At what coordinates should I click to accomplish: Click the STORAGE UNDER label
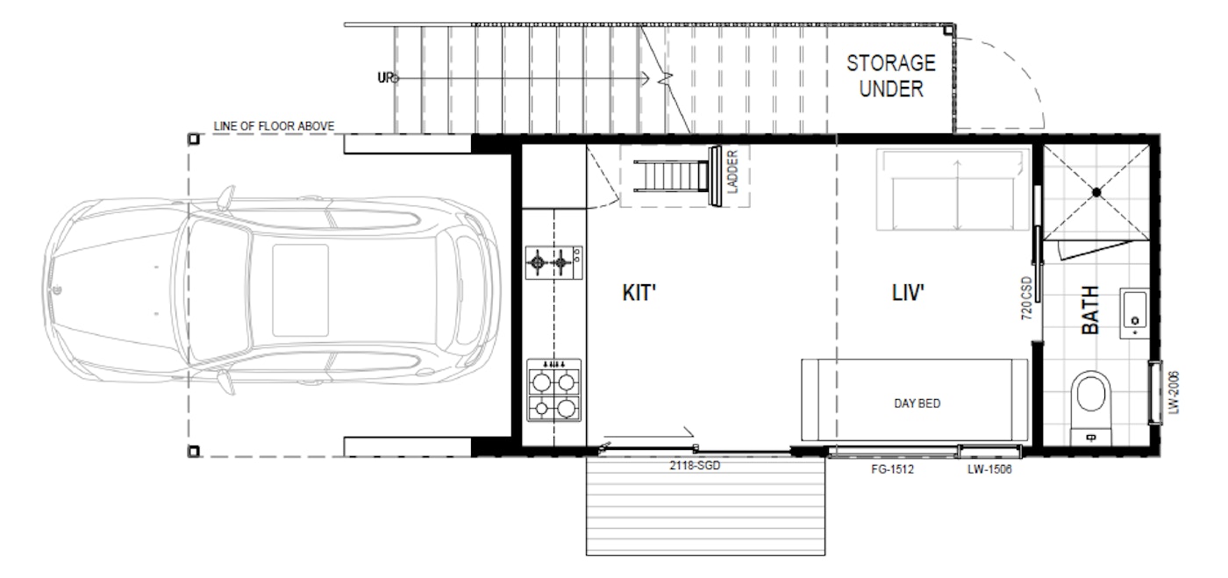[x=890, y=75]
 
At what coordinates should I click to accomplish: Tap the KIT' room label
[x=639, y=294]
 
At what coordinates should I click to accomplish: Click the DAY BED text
[x=917, y=403]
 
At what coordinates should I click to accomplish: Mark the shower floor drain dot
[x=1096, y=191]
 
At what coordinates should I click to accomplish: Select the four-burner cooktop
[x=554, y=389]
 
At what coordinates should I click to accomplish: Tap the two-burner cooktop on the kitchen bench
[x=554, y=262]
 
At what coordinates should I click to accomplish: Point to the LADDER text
[x=732, y=172]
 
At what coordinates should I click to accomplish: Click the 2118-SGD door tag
[x=693, y=467]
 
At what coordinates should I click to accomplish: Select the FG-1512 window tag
[x=892, y=470]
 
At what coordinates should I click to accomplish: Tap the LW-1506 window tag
[x=989, y=470]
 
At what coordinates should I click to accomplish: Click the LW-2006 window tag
[x=1173, y=390]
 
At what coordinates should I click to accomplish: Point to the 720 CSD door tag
[x=1026, y=299]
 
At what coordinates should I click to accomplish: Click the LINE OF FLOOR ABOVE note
[x=274, y=126]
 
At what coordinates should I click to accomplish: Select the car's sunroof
[x=300, y=290]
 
